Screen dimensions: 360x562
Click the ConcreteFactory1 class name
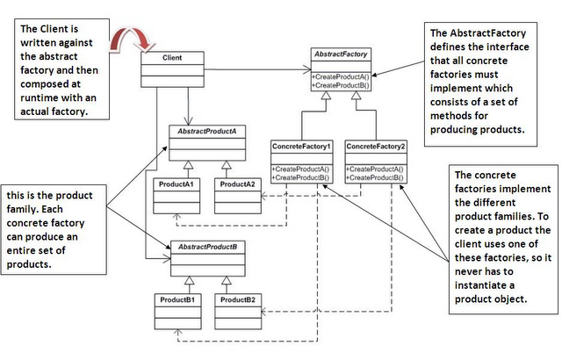pyautogui.click(x=301, y=145)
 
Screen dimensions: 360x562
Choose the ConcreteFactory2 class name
pyautogui.click(x=375, y=145)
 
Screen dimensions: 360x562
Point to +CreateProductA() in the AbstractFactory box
pyautogui.click(x=340, y=76)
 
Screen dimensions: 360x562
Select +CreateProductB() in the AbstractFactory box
pyautogui.click(x=340, y=85)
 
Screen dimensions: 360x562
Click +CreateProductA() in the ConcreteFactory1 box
pyautogui.click(x=300, y=168)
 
